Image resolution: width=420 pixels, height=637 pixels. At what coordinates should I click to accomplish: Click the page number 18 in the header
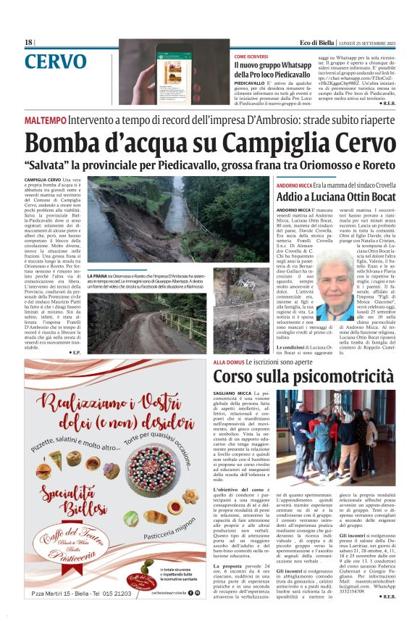(29, 43)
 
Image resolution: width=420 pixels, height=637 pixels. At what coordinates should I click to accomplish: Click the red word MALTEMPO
(46, 118)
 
